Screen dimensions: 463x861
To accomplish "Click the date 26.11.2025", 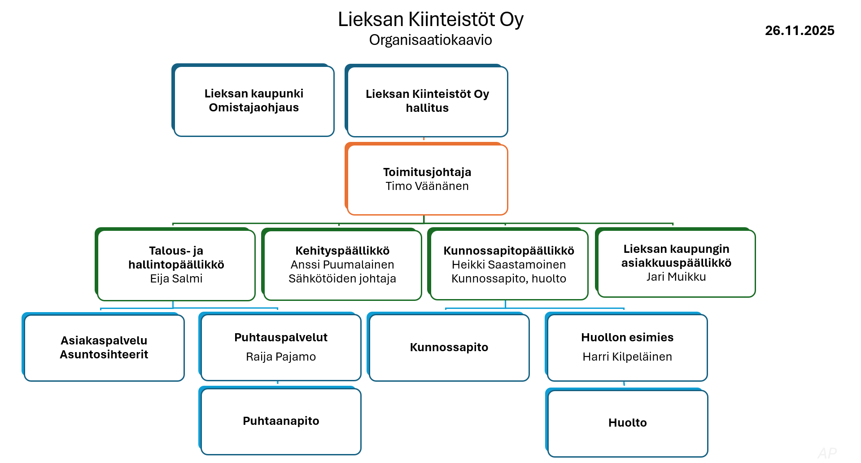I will (799, 31).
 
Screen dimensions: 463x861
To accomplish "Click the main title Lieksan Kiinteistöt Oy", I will (430, 19).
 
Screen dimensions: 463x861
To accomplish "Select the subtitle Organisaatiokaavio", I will (430, 40).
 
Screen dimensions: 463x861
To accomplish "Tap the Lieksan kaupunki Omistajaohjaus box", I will (253, 101).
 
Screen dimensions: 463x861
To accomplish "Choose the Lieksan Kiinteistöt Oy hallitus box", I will (427, 101).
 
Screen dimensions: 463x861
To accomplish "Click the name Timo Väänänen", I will (427, 186).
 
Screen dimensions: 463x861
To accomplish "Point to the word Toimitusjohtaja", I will (427, 172).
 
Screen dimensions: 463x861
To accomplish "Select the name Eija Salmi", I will (176, 278).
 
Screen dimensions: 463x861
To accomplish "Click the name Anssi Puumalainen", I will (342, 265).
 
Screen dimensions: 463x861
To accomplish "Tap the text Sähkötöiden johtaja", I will (342, 278).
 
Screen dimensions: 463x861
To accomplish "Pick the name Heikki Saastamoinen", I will (509, 265).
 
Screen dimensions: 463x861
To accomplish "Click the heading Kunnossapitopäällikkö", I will (509, 251).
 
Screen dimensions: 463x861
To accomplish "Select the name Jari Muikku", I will (676, 277).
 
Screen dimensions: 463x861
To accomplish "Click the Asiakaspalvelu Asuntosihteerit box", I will (104, 348).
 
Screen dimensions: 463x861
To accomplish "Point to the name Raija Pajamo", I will (281, 357).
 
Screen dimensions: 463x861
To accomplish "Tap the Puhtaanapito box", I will (281, 421).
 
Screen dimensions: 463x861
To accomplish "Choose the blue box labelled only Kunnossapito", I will (449, 348).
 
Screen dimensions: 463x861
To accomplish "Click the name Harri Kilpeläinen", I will (627, 357).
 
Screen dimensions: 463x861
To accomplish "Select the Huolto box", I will (627, 423).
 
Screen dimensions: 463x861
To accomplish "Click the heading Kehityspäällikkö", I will (342, 251).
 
